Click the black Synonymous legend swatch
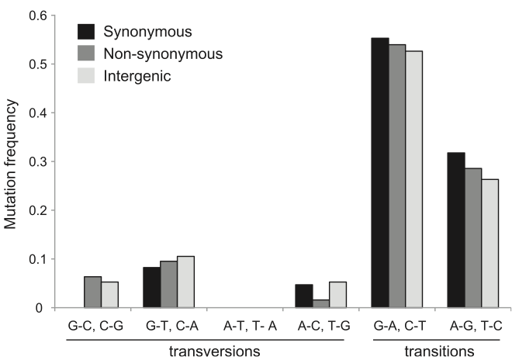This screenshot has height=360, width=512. tap(85, 32)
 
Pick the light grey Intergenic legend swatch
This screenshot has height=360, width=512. tap(85, 76)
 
